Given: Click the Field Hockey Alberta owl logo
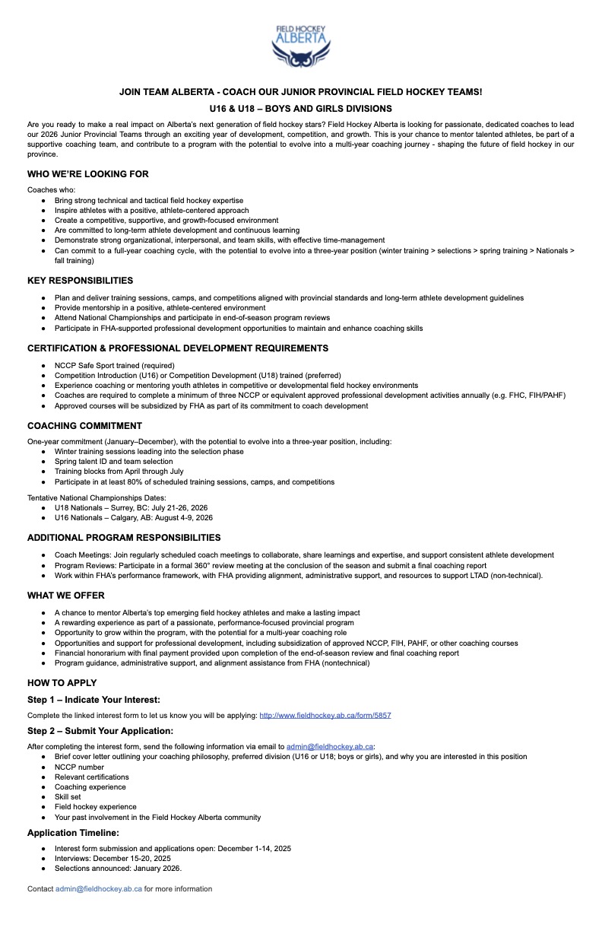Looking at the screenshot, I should (x=300, y=47).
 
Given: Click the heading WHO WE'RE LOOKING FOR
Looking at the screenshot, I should (x=88, y=174).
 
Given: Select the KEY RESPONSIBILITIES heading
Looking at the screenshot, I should (x=80, y=281).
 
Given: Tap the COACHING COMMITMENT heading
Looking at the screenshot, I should (x=84, y=426).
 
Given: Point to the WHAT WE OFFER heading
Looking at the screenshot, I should (x=66, y=596).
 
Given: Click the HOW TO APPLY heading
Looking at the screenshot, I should (x=60, y=683).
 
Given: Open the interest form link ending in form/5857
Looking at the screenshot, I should (x=325, y=716).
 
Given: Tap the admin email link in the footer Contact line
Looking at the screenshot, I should (x=99, y=889).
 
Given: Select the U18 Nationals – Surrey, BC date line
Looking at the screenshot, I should (x=131, y=507).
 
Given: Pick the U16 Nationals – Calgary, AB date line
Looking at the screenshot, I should (x=133, y=518).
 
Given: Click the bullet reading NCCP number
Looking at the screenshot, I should (x=79, y=767).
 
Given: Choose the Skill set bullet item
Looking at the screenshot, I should (x=68, y=797).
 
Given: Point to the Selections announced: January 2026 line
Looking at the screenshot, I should (x=118, y=868).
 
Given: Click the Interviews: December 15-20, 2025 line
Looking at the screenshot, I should (x=112, y=858).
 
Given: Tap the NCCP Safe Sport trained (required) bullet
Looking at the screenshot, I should (x=114, y=366).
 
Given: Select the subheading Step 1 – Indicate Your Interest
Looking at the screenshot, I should (x=93, y=700).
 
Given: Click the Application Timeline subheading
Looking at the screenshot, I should (x=73, y=833).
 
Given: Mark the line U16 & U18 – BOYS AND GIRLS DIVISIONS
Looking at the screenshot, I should (x=301, y=109).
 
